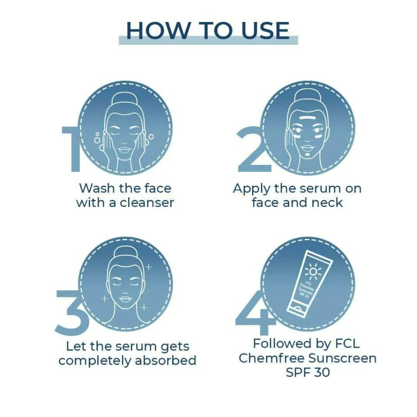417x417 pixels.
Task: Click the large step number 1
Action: coord(72,149)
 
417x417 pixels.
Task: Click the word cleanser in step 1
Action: coord(147,203)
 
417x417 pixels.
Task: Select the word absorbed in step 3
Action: coord(165,361)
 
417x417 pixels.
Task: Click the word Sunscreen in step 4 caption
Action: coord(342,358)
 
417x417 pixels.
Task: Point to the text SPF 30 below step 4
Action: coord(308,372)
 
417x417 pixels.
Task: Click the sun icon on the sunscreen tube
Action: coord(313,272)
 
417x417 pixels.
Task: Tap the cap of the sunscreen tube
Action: coord(296,309)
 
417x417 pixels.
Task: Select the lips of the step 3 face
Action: coord(125,299)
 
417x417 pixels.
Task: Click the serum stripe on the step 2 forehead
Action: coord(308,117)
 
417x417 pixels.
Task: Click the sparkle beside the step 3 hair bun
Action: coord(149,266)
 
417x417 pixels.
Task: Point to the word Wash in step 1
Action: coord(97,188)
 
